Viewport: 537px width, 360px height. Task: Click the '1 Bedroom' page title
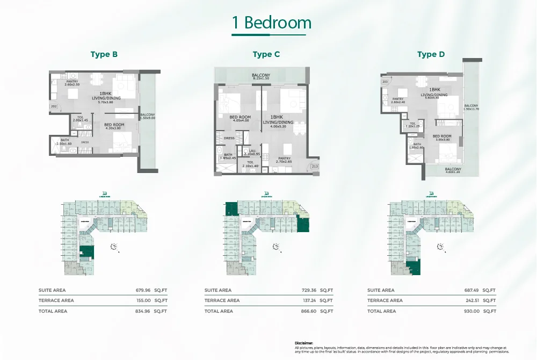272,23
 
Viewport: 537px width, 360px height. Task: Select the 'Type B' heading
104,54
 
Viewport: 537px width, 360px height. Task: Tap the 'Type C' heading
266,54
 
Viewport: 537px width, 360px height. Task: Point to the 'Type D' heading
431,54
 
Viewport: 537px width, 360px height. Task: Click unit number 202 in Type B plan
54,107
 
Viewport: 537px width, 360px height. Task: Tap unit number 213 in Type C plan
315,167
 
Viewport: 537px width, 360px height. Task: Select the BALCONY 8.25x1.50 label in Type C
261,77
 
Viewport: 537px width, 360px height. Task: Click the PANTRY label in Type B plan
72,83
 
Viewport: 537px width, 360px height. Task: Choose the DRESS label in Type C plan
228,138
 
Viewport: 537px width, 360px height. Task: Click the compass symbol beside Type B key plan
114,246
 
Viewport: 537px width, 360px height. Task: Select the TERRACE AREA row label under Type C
222,300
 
